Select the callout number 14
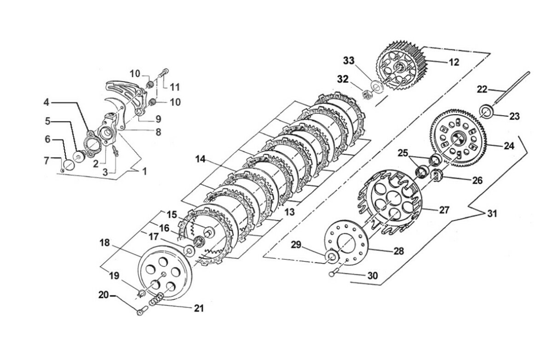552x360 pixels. [200, 160]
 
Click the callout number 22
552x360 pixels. [482, 89]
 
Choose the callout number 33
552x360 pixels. [349, 60]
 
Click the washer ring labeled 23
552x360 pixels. [487, 111]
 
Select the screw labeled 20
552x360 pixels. [140, 312]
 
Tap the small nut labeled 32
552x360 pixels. [366, 94]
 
